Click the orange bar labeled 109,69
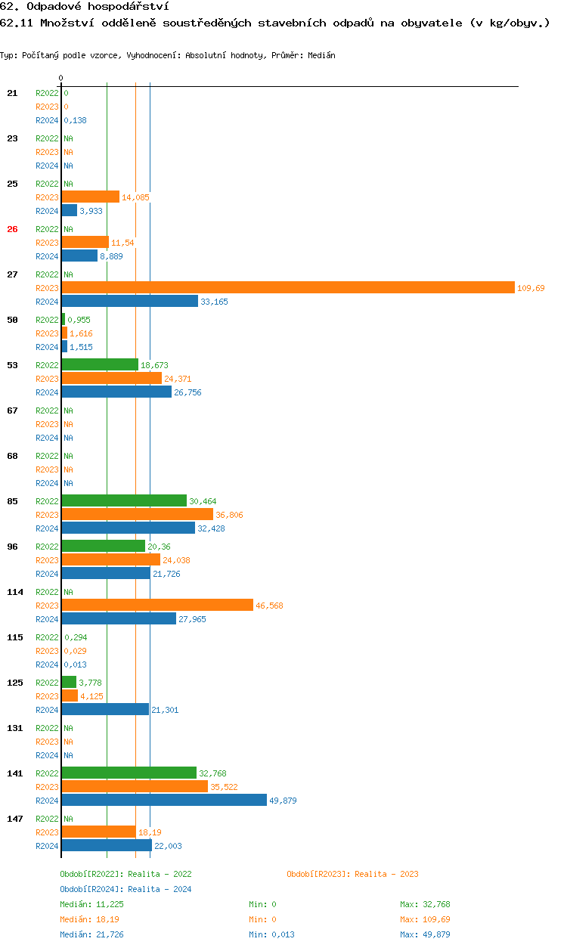287,287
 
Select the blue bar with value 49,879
164,800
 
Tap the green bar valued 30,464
124,500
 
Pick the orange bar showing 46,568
157,605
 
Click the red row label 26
12,229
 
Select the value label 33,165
214,302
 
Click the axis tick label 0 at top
60,78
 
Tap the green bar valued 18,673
100,364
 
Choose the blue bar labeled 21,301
105,709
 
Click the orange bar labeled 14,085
91,197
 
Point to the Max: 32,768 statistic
425,904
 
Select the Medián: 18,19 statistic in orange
89,919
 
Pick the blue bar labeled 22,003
107,845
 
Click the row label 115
15,637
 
